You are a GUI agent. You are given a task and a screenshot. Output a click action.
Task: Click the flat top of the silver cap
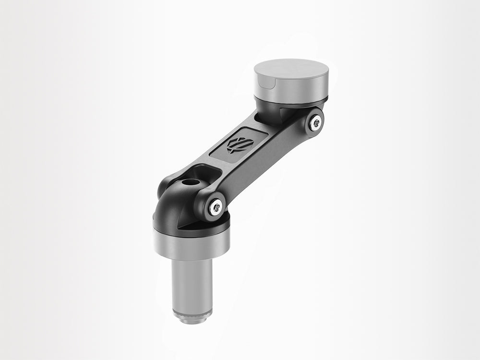[x=291, y=70]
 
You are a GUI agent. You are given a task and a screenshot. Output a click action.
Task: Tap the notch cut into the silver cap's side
[x=271, y=87]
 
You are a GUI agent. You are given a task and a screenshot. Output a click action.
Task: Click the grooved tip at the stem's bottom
[x=192, y=317]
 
